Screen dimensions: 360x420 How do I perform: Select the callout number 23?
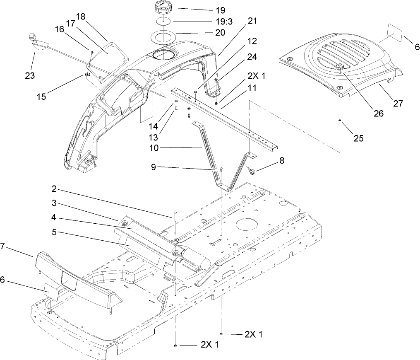coord(29,76)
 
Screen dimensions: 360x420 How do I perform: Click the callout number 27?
coord(398,104)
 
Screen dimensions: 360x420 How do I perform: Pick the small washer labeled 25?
coord(339,121)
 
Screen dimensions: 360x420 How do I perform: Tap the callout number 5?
coord(55,232)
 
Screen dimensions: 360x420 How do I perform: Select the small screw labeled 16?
coord(91,52)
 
